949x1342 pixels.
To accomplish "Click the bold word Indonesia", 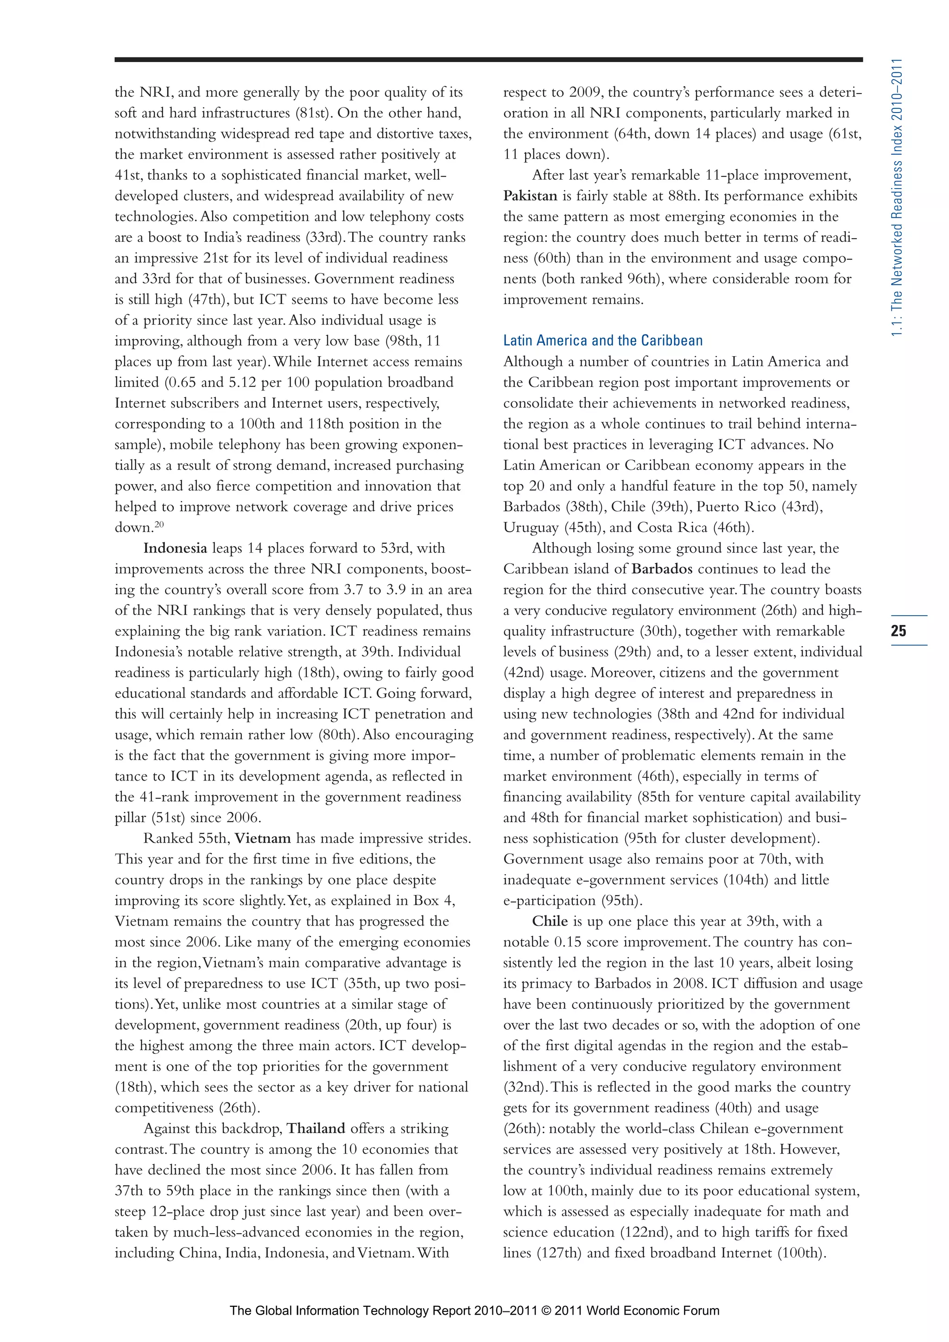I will [175, 548].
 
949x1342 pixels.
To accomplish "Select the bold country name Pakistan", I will [530, 196].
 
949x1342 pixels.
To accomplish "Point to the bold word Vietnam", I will [263, 839].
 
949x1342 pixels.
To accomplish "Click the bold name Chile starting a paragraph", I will [550, 922].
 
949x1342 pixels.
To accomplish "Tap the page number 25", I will [898, 630].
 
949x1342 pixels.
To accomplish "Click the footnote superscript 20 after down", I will [159, 524].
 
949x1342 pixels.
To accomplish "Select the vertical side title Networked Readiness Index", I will [898, 199].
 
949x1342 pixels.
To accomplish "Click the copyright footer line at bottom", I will [474, 1310].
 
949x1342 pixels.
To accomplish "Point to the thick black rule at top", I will [488, 59].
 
